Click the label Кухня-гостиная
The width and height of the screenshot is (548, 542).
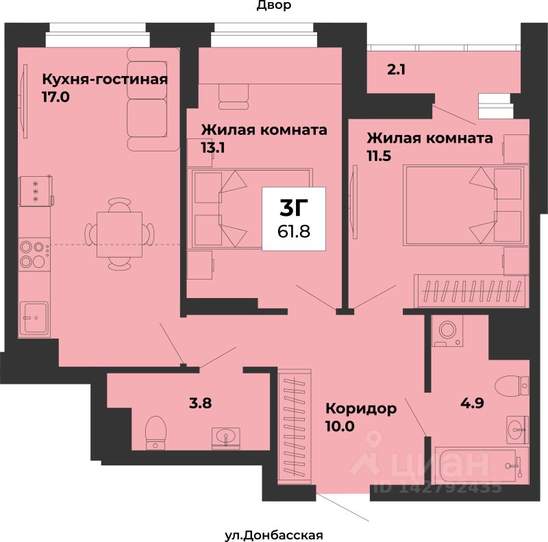click(105, 79)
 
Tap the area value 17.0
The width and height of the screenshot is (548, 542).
click(56, 97)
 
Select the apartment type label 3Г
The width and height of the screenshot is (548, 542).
click(294, 208)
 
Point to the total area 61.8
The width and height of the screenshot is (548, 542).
click(294, 231)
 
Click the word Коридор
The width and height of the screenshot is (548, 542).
click(361, 408)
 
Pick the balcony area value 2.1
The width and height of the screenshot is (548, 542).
click(397, 70)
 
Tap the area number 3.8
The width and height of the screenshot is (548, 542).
click(200, 403)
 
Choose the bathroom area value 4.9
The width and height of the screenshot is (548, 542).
click(472, 403)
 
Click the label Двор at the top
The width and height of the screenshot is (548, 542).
click(274, 5)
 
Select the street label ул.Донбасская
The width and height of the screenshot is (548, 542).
click(273, 535)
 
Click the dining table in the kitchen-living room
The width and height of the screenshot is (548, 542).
click(119, 234)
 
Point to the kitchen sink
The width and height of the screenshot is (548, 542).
click(35, 318)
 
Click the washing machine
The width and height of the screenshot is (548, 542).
click(447, 330)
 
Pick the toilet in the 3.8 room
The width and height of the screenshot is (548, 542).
click(155, 432)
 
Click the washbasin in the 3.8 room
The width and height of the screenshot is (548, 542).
click(226, 437)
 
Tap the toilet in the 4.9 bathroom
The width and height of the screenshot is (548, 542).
click(512, 386)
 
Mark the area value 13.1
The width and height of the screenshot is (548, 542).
click(213, 148)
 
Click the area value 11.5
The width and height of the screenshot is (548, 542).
click(379, 156)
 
